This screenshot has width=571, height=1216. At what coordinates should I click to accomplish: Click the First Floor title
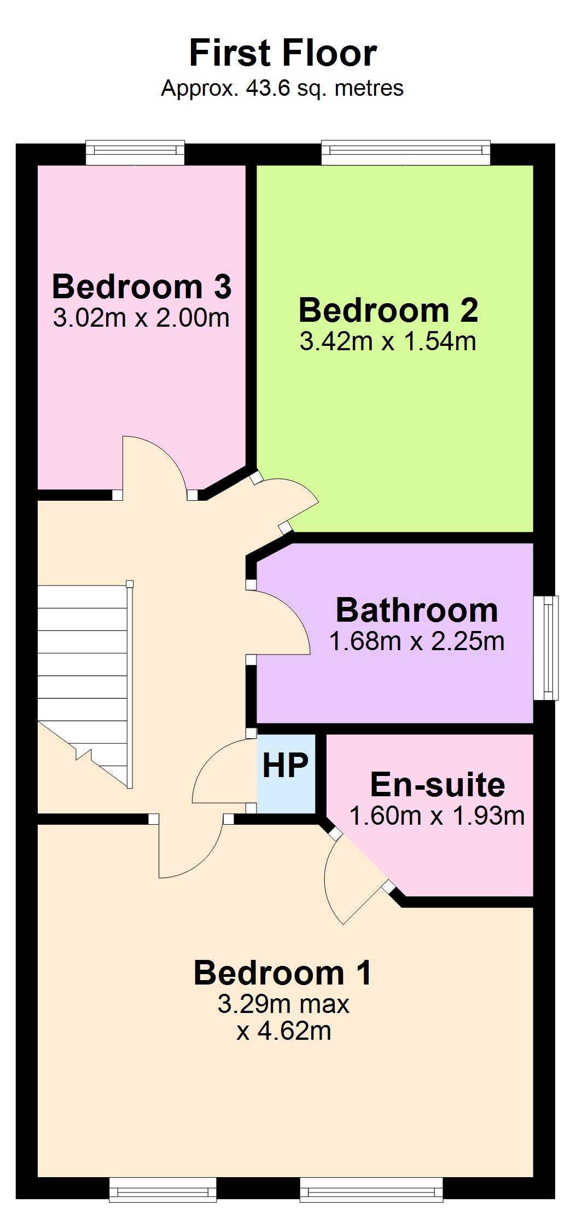point(283,53)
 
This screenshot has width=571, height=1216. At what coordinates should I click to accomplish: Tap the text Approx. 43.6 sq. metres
point(282,88)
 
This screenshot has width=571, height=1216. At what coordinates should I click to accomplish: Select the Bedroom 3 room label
point(142,286)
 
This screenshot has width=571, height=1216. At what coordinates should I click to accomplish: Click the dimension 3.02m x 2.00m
point(141,318)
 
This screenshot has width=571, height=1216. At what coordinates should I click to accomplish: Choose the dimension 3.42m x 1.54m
point(388,341)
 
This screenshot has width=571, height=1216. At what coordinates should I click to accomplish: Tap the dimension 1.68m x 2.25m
point(417,641)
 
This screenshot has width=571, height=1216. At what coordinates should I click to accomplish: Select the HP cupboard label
point(285,765)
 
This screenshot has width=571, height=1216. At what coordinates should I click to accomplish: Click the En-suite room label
point(438,785)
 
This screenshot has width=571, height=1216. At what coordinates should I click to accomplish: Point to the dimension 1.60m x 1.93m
point(437,816)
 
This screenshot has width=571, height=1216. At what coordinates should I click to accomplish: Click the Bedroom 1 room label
point(283,972)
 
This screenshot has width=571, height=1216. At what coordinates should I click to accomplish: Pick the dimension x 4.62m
point(284,1032)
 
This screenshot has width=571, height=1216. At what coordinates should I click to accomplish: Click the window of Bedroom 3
point(135,153)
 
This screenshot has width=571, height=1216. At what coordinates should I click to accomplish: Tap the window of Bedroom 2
point(406,153)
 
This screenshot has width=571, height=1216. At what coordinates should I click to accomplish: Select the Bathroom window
point(546,648)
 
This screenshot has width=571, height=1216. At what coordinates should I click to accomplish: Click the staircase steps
point(85,684)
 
